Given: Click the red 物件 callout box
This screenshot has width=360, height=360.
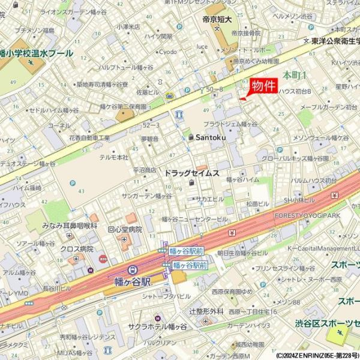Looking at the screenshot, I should [263, 86].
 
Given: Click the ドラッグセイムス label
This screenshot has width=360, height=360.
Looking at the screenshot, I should [192, 173].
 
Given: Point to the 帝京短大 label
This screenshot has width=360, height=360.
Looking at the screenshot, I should [217, 20].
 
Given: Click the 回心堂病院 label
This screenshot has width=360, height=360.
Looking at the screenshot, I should [124, 229].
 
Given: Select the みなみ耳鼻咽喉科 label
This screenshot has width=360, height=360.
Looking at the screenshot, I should [70, 226].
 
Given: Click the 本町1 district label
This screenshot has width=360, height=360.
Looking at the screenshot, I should [295, 75].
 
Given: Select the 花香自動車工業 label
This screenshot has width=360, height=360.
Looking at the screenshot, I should [89, 137].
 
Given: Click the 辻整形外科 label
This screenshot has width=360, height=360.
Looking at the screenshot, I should [206, 311].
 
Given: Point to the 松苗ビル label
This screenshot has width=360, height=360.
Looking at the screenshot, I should [257, 204].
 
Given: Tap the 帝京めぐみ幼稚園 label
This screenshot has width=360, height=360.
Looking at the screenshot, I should [256, 61].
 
